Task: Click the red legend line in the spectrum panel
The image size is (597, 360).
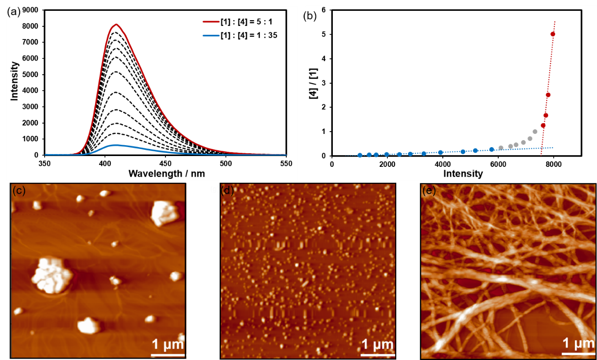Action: point(211,22)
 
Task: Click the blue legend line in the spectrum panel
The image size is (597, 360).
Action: point(211,36)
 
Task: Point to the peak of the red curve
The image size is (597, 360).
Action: point(116,24)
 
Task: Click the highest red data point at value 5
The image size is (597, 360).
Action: point(553,34)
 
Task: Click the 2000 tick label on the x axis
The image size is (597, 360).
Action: point(387,164)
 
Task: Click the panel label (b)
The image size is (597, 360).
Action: point(311,15)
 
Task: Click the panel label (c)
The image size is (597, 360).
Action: point(19,190)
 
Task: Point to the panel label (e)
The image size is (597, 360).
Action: point(429,190)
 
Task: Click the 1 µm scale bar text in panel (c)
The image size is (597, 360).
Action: point(167,345)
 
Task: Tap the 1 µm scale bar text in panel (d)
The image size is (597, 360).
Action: point(377,345)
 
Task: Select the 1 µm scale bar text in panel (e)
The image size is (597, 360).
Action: point(578,342)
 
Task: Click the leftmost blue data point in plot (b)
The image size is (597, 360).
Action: point(360,155)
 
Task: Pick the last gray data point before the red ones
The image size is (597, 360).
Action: point(535,132)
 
